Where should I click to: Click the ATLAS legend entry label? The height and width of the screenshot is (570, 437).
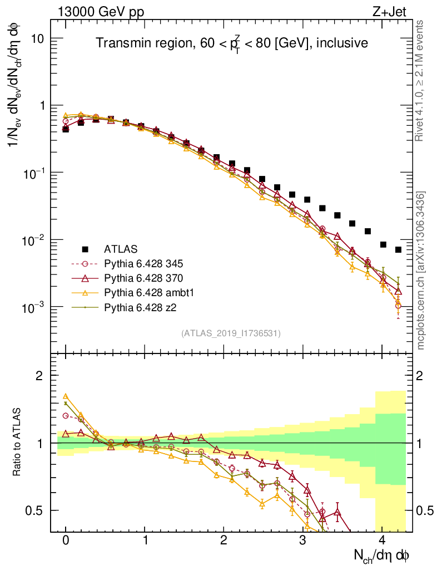[x=121, y=248]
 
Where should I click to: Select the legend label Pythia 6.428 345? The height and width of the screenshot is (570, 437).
[x=145, y=263]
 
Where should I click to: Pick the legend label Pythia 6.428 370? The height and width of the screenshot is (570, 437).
[x=145, y=277]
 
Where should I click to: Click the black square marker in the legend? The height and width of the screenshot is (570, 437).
[x=85, y=248]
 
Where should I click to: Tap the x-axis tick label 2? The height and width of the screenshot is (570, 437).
[x=224, y=540]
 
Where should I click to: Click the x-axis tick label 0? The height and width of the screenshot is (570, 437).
[x=66, y=540]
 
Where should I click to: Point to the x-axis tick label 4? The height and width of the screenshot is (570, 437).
[x=381, y=540]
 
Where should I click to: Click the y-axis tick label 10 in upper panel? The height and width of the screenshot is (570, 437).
[x=38, y=38]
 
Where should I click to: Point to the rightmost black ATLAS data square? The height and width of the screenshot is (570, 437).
[x=398, y=250]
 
